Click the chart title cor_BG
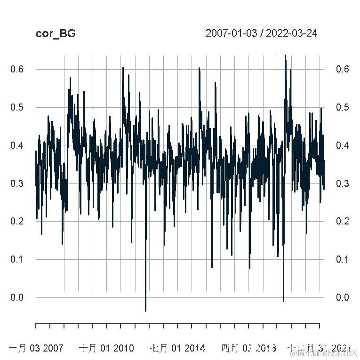(x=55, y=34)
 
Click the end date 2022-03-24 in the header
(x=292, y=33)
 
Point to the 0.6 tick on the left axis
(x=16, y=69)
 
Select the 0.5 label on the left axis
(x=16, y=107)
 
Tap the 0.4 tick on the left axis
(x=16, y=145)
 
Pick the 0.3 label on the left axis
(x=16, y=184)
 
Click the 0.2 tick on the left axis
(x=16, y=221)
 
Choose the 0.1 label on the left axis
(x=16, y=259)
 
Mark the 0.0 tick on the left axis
(x=16, y=297)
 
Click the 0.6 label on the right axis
(x=343, y=69)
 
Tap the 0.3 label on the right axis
(x=343, y=184)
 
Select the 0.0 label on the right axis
(x=343, y=297)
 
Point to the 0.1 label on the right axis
(x=343, y=259)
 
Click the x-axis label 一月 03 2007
(x=35, y=348)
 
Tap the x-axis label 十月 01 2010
(x=106, y=348)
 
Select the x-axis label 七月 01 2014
(x=177, y=348)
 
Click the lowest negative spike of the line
(x=145, y=310)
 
